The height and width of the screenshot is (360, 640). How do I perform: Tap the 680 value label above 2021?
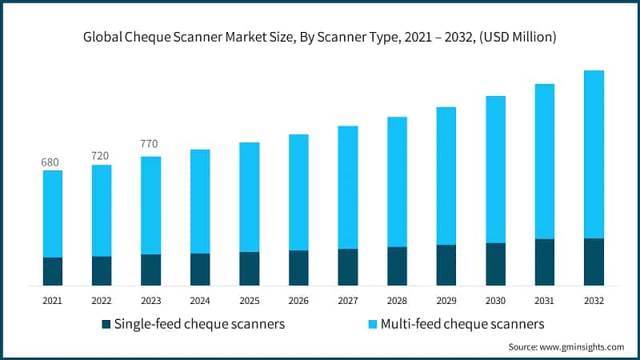pos(50,162)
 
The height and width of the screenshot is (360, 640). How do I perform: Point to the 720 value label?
pos(100,155)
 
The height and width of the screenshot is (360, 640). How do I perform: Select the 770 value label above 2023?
pos(149,144)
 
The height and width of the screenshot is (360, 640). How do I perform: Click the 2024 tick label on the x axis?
pos(199,301)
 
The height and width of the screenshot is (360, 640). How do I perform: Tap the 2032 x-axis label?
pos(594,301)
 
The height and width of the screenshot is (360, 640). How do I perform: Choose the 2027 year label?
pos(347,301)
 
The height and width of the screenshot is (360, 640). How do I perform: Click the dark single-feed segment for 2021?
pos(53,271)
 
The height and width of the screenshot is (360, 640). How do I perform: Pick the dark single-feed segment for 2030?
pos(495,264)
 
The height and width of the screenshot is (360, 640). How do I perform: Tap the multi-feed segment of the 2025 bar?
pos(249,197)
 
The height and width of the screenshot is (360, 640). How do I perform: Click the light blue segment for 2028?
pos(397,182)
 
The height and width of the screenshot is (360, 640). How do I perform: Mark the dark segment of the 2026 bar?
pos(298,268)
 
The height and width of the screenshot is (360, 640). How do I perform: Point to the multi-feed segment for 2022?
pos(102,210)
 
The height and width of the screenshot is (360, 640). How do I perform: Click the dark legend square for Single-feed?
pos(106,325)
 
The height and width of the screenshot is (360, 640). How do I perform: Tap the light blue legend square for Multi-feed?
pos(372,325)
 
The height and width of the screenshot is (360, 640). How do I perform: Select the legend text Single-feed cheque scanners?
pos(199,324)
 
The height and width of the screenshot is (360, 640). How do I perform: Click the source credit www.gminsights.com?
pos(566,347)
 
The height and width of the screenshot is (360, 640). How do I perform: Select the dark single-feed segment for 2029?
pos(446,265)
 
